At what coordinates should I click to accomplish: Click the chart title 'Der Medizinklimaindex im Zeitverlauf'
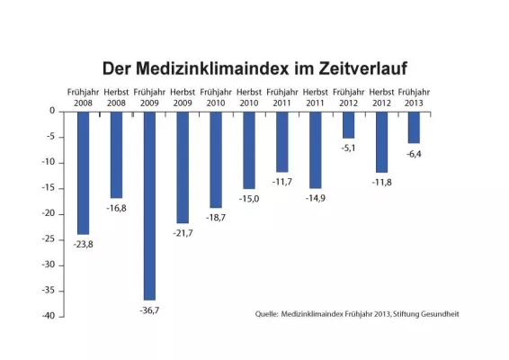254,69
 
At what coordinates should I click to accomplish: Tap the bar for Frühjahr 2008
83,172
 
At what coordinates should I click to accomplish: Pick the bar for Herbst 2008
116,154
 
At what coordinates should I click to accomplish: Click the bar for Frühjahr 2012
348,124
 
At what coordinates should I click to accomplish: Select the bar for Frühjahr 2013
414,127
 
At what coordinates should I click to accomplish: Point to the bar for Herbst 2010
248,149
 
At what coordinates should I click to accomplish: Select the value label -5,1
349,148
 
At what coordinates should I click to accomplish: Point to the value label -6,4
415,154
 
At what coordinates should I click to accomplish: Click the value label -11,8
381,182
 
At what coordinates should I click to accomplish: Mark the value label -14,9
315,198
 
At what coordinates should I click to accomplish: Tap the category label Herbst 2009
183,96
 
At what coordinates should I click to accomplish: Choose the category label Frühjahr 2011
281,96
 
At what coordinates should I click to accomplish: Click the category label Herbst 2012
381,96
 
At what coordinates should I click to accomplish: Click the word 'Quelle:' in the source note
267,314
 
